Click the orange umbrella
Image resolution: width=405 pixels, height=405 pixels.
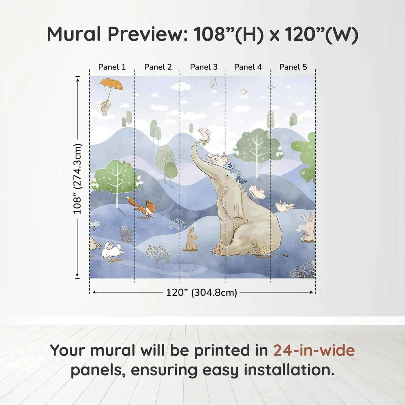coord(111,84)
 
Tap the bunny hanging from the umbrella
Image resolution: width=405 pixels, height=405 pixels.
coord(105,108)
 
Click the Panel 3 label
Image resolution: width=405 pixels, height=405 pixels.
coord(204,67)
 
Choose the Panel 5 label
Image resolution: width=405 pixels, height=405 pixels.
coord(293,67)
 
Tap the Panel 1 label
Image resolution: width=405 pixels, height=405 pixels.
coord(112,67)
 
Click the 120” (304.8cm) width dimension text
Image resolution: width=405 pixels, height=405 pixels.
coord(202,292)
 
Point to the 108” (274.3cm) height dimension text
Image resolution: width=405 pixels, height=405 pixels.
coord(77,179)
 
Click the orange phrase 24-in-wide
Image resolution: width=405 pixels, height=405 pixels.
coord(314,350)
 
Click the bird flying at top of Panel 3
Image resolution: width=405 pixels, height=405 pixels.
coord(213,83)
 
